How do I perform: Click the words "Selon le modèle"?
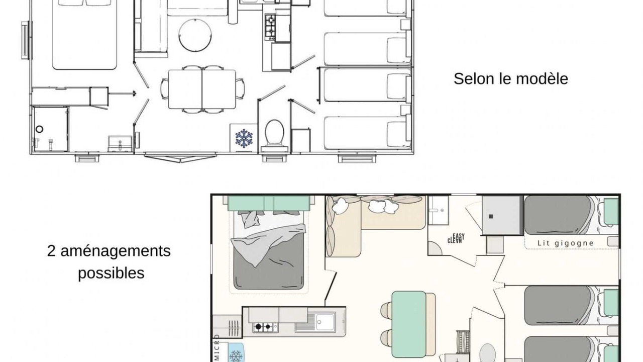(511, 79)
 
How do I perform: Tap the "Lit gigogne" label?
(566, 243)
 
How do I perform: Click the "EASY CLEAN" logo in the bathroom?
(456, 238)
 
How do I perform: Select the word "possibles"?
(111, 273)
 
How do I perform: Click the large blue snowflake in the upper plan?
(244, 138)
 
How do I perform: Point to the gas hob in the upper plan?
(270, 27)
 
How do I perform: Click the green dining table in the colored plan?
(409, 324)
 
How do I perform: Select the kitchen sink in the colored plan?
(326, 321)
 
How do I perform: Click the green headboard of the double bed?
(269, 203)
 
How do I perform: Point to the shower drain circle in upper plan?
(39, 129)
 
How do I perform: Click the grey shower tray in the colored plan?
(502, 215)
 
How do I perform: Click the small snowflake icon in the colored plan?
(236, 356)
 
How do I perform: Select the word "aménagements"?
(116, 251)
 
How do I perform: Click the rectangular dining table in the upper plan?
(202, 89)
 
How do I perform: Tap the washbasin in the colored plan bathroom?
(439, 210)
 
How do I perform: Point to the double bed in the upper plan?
(84, 35)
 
